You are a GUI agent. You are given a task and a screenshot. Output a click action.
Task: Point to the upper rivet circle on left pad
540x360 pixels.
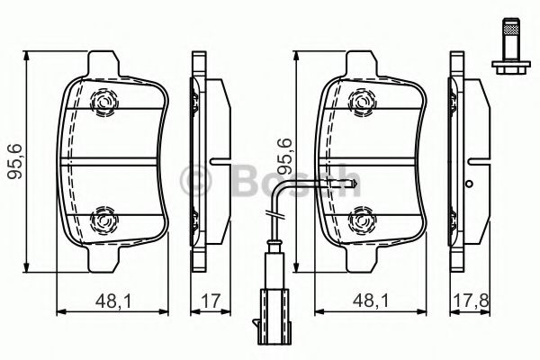[x=104, y=105]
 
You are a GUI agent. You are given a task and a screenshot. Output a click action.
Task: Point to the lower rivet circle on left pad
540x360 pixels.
[x=104, y=217]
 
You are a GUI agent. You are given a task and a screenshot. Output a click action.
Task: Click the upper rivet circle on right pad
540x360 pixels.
[x=362, y=105]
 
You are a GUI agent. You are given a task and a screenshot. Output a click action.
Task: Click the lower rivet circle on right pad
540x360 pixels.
[x=362, y=217]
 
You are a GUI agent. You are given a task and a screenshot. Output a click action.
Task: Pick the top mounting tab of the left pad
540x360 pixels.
[x=105, y=62]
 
